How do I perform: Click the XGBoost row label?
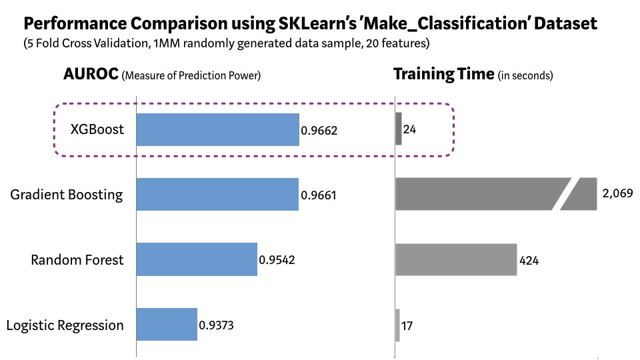(97, 129)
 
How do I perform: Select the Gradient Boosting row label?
(67, 195)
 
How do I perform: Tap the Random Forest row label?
(77, 260)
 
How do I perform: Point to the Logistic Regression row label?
(65, 325)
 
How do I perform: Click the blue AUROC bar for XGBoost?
(217, 129)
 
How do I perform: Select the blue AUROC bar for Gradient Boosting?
(217, 195)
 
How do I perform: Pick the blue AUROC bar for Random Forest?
(197, 260)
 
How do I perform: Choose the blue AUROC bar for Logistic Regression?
(167, 325)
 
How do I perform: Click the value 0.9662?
(319, 130)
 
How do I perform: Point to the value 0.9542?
(277, 260)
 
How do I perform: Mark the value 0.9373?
(217, 326)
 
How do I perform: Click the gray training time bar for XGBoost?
(399, 129)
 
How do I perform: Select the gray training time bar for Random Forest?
(456, 260)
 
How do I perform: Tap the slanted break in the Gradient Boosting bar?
(565, 195)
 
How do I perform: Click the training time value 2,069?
(617, 195)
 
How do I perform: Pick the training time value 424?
(530, 261)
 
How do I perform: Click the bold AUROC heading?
(91, 74)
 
